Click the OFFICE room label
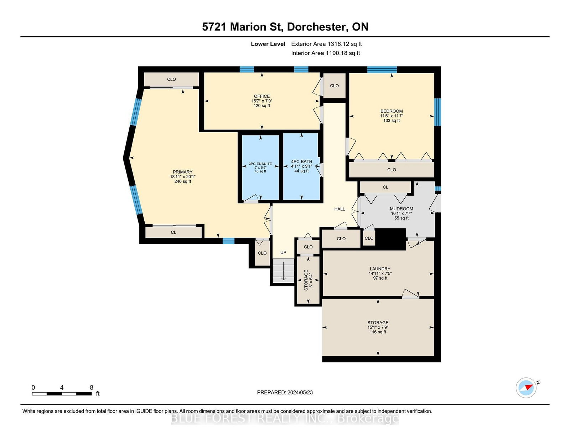click(x=261, y=96)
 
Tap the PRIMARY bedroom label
click(x=182, y=172)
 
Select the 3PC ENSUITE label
click(x=260, y=164)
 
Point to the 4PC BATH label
click(x=301, y=161)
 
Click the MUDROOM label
click(x=401, y=209)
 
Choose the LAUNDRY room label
click(x=380, y=269)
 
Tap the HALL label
click(x=340, y=209)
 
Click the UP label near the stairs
click(x=283, y=253)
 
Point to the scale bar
click(x=62, y=394)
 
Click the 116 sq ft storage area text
click(x=378, y=332)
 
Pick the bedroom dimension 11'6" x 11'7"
click(x=392, y=116)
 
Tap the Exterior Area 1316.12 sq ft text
click(x=326, y=44)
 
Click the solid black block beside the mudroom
click(x=390, y=239)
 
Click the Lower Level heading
click(x=268, y=44)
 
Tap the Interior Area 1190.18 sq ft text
click(x=325, y=53)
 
